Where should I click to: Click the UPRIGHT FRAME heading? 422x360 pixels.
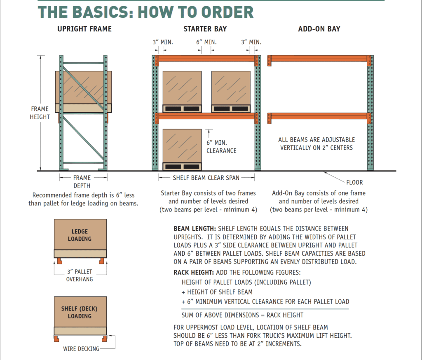84,29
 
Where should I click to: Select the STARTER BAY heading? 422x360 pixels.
205,29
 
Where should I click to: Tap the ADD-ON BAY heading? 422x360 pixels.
319,29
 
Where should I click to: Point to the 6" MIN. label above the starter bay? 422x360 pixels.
206,42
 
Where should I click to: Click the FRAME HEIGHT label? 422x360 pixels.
40,113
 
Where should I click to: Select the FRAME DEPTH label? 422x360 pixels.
82,182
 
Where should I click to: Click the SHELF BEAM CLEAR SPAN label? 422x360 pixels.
206,178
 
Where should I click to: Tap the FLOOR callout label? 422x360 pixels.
354,182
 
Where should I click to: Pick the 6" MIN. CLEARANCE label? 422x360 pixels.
221,147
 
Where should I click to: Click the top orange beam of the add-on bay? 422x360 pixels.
319,59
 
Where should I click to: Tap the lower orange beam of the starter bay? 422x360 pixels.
206,116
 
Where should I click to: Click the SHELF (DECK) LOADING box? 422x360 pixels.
80,312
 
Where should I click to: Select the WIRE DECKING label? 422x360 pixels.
81,349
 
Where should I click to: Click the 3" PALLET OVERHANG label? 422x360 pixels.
80,275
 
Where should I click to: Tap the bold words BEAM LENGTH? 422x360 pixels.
195,228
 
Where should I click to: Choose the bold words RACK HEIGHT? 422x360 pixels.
194,273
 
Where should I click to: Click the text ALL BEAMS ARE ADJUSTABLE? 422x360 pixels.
316,140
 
